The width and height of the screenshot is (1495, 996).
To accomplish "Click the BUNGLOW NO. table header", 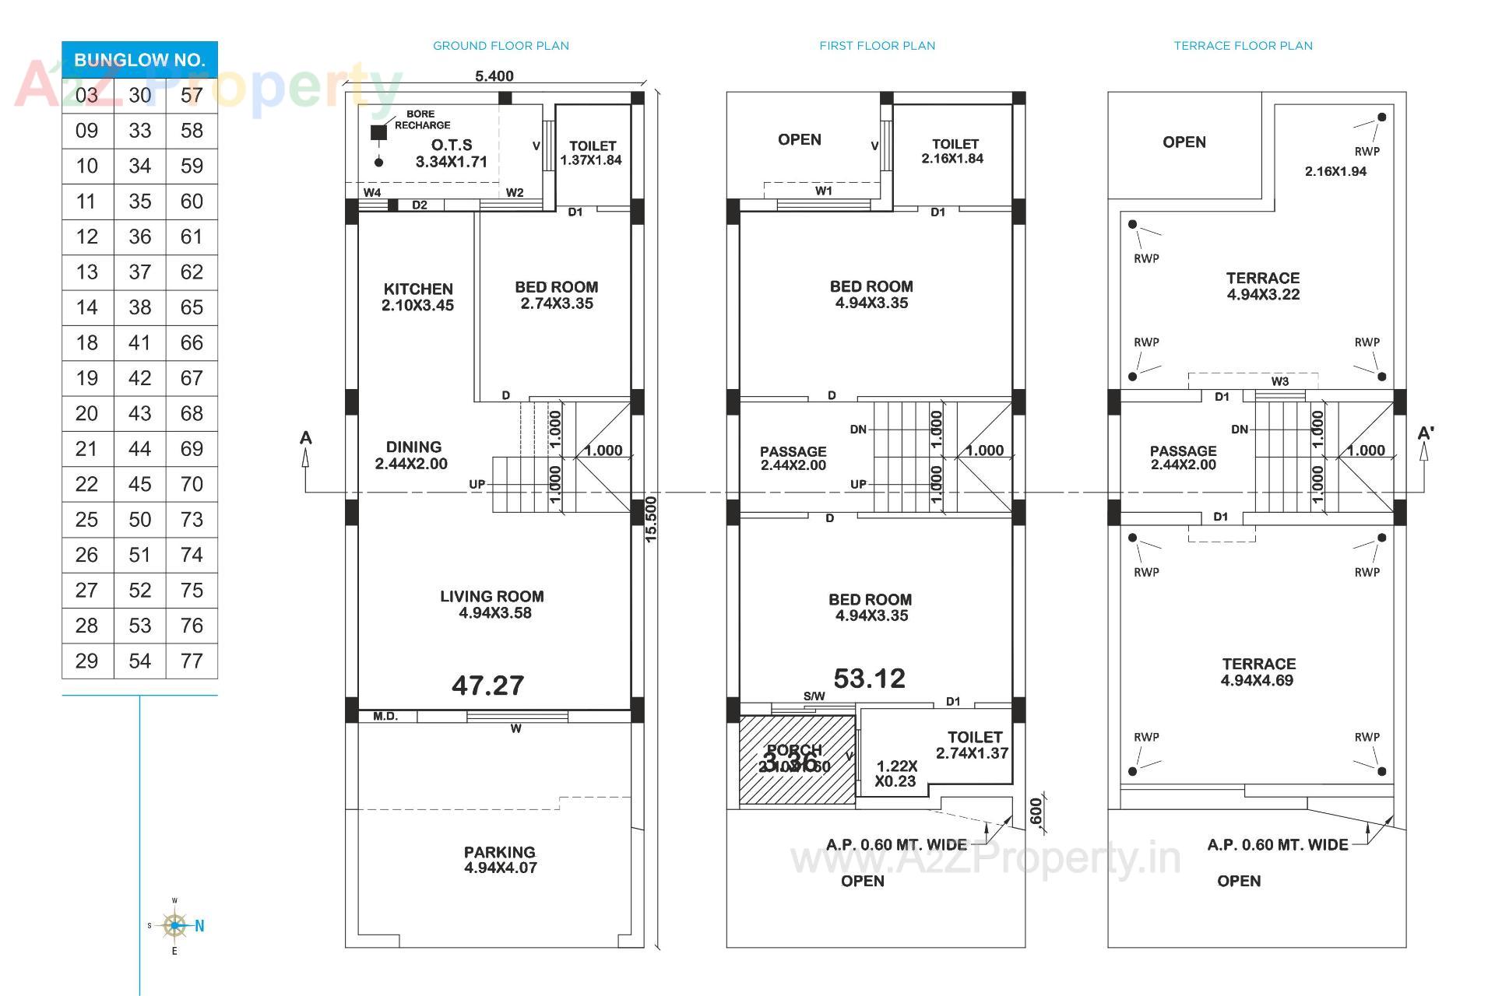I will [x=139, y=60].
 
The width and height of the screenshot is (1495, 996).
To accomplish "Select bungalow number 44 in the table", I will [x=139, y=449].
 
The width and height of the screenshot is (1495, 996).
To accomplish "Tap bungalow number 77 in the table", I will [x=192, y=661].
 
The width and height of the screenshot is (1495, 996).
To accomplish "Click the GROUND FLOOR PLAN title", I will [x=501, y=46].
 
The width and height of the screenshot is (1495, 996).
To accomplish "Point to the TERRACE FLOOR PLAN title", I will [x=1243, y=46].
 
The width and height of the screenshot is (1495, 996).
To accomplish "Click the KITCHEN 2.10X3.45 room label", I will [x=417, y=297].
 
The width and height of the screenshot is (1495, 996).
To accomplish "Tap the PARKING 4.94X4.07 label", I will [x=500, y=860].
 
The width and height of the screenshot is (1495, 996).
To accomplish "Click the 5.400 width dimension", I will [x=494, y=75].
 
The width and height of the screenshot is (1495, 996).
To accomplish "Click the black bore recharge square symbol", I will [x=378, y=132].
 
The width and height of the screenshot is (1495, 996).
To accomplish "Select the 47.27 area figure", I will [x=488, y=686].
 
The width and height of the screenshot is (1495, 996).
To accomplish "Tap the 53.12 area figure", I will [x=870, y=679].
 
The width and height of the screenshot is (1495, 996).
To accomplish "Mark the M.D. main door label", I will [x=385, y=716].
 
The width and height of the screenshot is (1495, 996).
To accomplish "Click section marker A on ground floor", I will [x=306, y=438].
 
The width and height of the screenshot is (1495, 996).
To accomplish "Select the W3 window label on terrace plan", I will [x=1280, y=381].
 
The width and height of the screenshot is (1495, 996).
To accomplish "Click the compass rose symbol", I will [x=174, y=926].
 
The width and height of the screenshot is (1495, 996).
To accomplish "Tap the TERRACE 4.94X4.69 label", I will [x=1258, y=672].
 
